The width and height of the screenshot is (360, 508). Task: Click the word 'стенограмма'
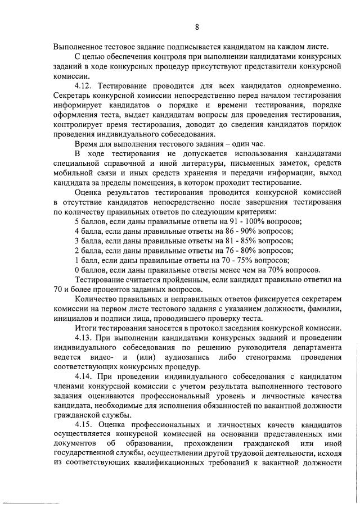pyautogui.click(x=272, y=356)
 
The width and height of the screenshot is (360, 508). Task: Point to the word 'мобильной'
pyautogui.click(x=74, y=174)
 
